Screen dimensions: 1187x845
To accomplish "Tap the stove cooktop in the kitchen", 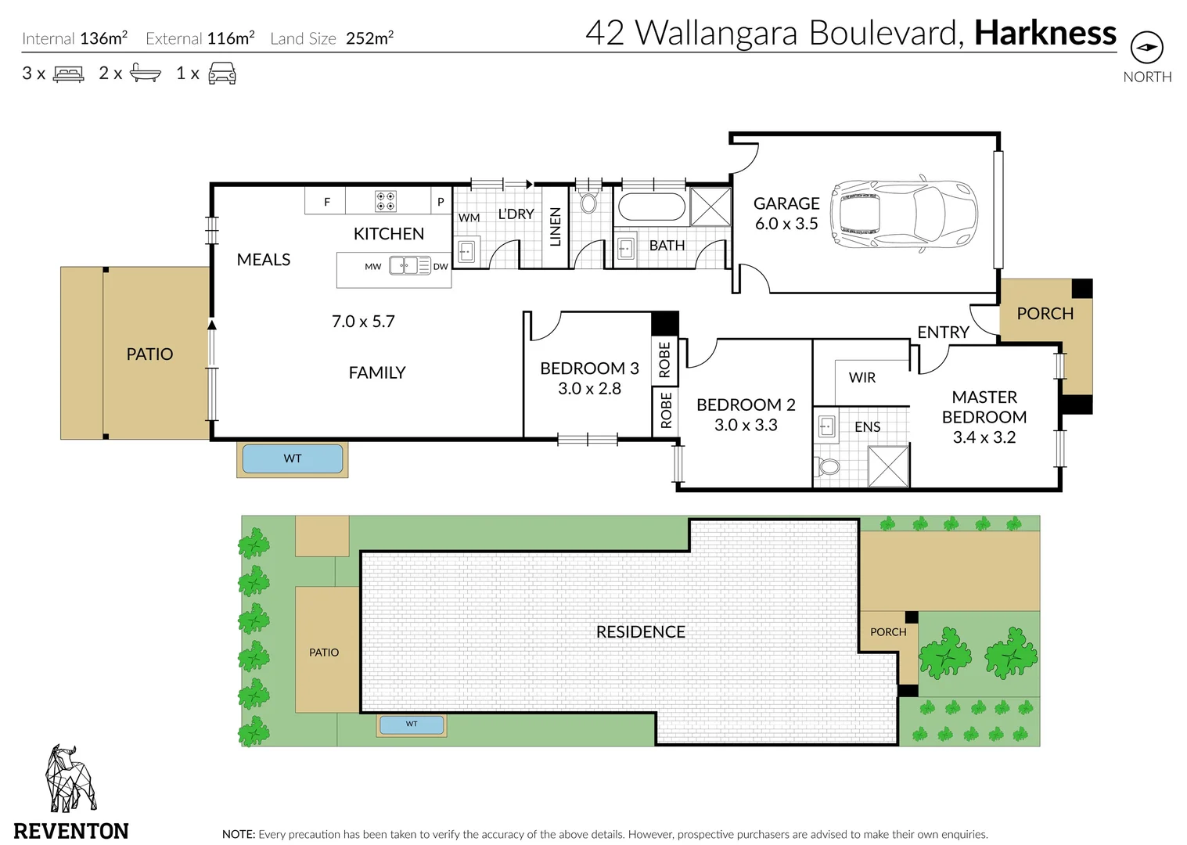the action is [385, 201].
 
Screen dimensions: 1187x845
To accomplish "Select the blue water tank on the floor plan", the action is [293, 458].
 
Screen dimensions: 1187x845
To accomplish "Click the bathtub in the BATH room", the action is [652, 207].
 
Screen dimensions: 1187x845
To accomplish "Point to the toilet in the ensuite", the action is [828, 466].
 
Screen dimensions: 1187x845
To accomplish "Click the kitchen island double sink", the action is [410, 265].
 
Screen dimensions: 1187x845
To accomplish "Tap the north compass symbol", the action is [1147, 47].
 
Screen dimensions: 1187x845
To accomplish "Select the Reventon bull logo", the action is [70, 778].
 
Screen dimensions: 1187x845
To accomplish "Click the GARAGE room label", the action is [786, 203].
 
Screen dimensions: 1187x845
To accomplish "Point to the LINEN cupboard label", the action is [555, 227].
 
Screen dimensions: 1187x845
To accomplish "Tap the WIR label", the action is [862, 378].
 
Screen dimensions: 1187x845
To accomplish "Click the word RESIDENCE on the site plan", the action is [641, 631].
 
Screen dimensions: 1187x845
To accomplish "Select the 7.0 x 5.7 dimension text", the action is [364, 322].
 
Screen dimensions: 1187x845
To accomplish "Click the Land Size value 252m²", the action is [369, 38].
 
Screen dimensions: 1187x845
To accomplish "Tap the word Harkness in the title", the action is [1045, 33].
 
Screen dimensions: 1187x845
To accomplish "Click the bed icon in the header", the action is [68, 74].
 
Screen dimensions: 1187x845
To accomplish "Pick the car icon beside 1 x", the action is [222, 73].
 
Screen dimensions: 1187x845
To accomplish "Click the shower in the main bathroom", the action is [710, 206].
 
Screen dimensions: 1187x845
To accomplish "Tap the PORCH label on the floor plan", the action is [1045, 314].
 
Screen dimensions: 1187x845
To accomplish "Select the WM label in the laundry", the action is [469, 218].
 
